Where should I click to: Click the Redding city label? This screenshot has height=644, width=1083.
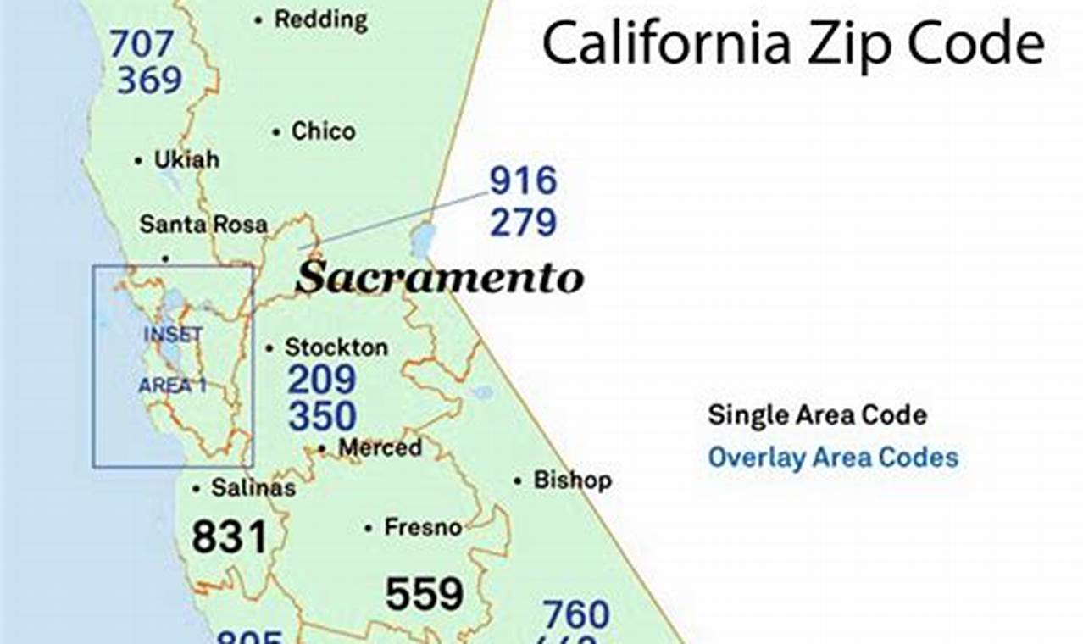point(320,19)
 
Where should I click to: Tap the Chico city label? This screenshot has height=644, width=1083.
point(323,131)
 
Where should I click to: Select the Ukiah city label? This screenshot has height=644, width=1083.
point(186,159)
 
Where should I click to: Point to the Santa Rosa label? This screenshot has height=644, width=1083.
point(203,225)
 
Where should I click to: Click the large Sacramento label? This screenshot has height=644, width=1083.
point(439,278)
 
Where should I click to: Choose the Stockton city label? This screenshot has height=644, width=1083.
point(336,347)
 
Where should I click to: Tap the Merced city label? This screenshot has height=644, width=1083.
point(380,447)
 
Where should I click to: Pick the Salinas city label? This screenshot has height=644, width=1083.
point(253,488)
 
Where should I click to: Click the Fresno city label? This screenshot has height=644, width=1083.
point(423,527)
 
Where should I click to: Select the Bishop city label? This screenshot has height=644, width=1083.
point(572,480)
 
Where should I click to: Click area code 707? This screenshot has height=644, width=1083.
point(142,44)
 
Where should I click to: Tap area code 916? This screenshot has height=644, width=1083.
point(523,181)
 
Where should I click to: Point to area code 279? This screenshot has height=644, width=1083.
point(523,222)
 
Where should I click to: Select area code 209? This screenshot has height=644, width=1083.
point(321,380)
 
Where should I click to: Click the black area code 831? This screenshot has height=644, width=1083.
point(229,537)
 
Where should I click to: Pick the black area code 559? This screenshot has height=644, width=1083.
point(424,594)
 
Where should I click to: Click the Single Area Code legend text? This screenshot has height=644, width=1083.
point(817,415)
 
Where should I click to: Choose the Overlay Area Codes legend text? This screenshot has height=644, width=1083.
point(833,458)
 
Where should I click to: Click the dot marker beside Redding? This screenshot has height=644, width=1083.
point(258,19)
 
